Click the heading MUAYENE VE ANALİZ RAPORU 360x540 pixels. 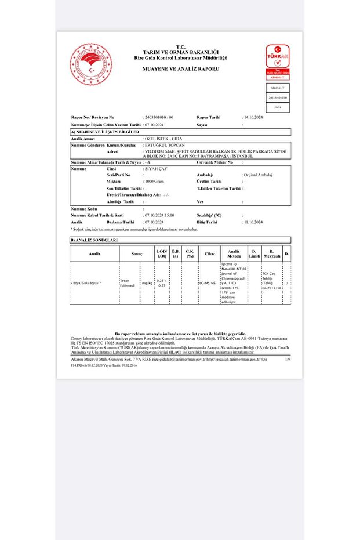pyautogui.click(x=181, y=68)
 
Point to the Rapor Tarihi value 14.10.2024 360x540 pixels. pyautogui.click(x=253, y=117)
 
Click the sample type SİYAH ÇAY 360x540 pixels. pyautogui.click(x=156, y=168)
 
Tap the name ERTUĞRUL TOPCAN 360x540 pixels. pyautogui.click(x=166, y=145)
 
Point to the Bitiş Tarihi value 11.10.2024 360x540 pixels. pyautogui.click(x=253, y=222)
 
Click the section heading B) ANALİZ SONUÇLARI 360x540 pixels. pyautogui.click(x=94, y=240)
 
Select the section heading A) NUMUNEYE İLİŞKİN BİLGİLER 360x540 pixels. pyautogui.click(x=103, y=133)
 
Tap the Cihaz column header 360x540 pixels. pyautogui.click(x=209, y=253)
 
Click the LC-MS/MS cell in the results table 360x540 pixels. pyautogui.click(x=208, y=283)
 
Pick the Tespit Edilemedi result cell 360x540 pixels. pyautogui.click(x=127, y=283)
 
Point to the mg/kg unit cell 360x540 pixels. pyautogui.click(x=147, y=283)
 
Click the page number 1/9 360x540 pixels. pyautogui.click(x=288, y=360)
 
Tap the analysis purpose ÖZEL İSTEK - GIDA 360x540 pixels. pyautogui.click(x=163, y=139)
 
